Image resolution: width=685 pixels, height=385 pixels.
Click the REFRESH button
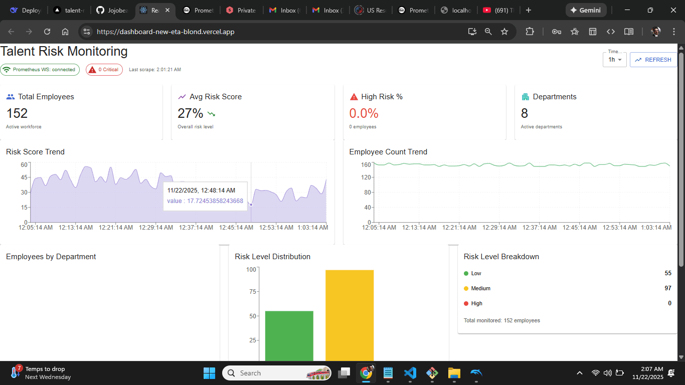653,60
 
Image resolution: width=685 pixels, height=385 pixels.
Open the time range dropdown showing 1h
614,60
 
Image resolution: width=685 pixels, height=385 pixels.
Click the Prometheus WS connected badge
40,70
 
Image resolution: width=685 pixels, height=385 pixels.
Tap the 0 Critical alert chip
104,70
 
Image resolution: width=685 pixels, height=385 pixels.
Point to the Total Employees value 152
17,113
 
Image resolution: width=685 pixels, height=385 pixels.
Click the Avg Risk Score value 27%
191,113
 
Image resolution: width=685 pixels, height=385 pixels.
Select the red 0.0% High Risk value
364,113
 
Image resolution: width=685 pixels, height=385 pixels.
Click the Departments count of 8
525,113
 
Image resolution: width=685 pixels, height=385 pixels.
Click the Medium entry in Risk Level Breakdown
480,288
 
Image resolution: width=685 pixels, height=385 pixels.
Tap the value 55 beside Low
668,273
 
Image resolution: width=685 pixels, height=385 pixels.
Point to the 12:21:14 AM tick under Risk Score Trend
116,228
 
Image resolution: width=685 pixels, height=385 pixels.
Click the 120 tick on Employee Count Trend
366,177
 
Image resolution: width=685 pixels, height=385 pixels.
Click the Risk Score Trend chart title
35,152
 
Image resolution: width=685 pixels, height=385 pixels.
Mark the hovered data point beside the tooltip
251,205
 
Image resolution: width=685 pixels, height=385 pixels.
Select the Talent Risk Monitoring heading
64,52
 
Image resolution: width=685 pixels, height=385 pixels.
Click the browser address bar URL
165,32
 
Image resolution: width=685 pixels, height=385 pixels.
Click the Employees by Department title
51,257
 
